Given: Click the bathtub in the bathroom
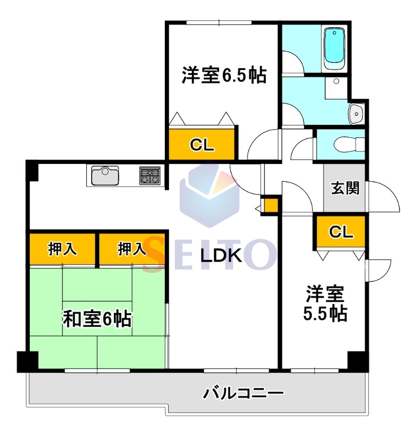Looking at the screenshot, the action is coord(334,49).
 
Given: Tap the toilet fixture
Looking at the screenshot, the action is coord(349,144).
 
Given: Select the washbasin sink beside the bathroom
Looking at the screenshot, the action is coord(356,114).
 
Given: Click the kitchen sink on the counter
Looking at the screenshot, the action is coord(105,175).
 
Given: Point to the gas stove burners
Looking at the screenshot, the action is coord(150,175).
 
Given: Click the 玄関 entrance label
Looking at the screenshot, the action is coord(345,188).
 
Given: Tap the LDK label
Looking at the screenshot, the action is coord(221,256).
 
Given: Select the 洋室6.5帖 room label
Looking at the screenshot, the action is coord(224,75).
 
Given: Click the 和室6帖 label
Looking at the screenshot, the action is coord(98,319).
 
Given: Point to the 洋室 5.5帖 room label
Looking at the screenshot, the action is coord(325,304).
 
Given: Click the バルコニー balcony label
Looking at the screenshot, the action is coord(244,393).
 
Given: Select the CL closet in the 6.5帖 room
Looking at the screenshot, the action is coord(202,144).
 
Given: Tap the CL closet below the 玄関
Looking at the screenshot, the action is coord(341,232).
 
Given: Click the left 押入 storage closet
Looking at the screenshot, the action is coord(62,249).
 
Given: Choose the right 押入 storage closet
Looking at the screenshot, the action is coord(132,249).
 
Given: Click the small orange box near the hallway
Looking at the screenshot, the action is coord(271,206).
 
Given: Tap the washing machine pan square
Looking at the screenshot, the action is coord(336,88).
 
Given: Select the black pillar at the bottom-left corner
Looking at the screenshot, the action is coord(28,362).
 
